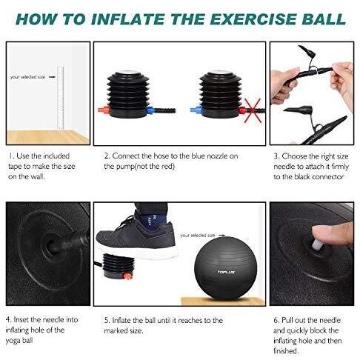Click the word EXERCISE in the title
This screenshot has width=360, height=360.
click(x=253, y=19)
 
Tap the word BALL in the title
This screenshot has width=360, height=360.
click(x=324, y=19)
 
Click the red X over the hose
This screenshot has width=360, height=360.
click(x=253, y=110)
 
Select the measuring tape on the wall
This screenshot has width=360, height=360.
click(x=61, y=98)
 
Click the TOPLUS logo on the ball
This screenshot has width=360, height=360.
click(x=226, y=272)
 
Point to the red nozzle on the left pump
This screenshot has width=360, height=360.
click(x=104, y=110)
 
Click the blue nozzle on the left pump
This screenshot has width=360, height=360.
click(x=150, y=110)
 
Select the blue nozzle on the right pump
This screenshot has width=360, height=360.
click(x=196, y=110)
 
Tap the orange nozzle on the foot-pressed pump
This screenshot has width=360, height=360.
click(x=127, y=276)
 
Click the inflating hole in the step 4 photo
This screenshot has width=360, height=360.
click(x=51, y=245)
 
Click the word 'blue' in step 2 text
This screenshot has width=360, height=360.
click(x=199, y=156)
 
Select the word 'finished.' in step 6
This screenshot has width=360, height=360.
click(x=286, y=351)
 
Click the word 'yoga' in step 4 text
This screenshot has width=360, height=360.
click(x=13, y=341)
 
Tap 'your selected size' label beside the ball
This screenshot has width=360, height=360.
click(x=198, y=236)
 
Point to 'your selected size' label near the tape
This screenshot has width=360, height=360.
click(x=27, y=77)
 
